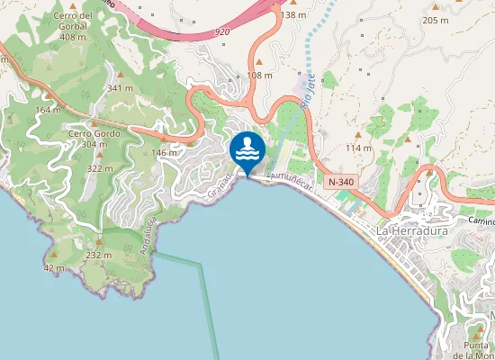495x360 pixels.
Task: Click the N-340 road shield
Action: [x=341, y=182]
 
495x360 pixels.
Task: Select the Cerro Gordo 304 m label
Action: [x=94, y=139]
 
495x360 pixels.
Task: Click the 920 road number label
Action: [x=222, y=31]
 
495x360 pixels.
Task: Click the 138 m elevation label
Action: [x=293, y=15]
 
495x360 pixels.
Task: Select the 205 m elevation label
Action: [x=435, y=21]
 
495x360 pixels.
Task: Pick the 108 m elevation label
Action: [x=259, y=76]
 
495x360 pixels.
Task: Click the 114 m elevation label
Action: [x=358, y=148]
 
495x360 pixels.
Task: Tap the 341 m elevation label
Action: [x=120, y=88]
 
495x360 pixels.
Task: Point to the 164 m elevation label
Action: [x=48, y=110]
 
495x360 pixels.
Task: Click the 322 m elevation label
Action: [x=99, y=168]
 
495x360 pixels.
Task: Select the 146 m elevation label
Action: [x=164, y=153]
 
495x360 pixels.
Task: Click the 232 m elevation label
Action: [x=98, y=256]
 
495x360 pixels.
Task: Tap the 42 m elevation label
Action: [x=53, y=268]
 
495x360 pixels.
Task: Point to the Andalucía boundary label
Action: [x=150, y=237]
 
